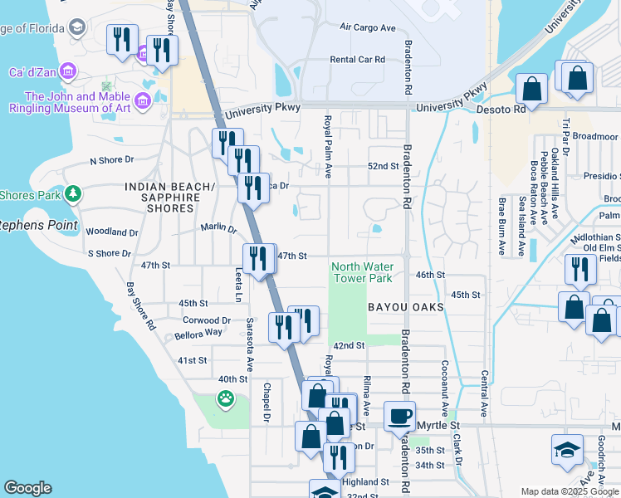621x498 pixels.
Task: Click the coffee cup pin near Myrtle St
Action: point(399,416)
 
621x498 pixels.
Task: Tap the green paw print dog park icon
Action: point(225,399)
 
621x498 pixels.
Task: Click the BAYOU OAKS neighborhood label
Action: point(406,307)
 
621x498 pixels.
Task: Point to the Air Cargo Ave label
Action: point(368,27)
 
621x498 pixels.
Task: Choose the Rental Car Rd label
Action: point(358,60)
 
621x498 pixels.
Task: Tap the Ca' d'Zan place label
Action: point(32,72)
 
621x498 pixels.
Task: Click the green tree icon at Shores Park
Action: point(73,193)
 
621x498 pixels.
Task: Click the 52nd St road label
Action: point(384,166)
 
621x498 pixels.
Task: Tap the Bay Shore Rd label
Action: point(140,307)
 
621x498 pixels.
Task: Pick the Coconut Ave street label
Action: point(445,387)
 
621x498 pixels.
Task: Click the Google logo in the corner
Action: point(28,488)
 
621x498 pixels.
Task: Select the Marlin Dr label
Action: point(218,227)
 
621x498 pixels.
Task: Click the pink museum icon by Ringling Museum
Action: point(142,101)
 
